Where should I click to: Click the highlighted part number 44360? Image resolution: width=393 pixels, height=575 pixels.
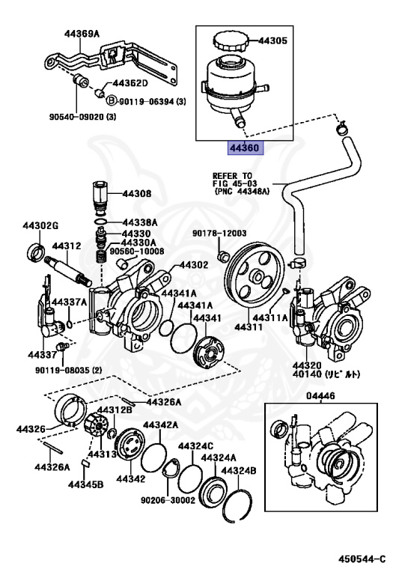(x=244, y=149)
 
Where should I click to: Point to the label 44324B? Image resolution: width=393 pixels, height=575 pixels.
(x=238, y=471)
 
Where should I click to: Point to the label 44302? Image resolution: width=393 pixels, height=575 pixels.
(x=193, y=265)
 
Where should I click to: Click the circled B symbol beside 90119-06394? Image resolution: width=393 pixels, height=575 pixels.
(x=109, y=100)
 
